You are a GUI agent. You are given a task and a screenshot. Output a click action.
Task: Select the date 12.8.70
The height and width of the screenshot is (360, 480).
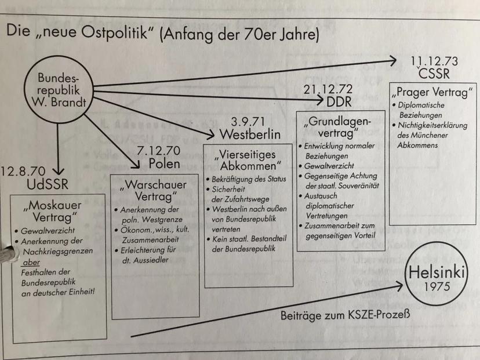[23, 172]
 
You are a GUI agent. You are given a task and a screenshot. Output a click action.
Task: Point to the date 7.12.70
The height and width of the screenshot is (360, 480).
[158, 151]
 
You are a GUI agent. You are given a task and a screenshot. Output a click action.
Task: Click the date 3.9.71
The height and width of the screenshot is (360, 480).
[248, 122]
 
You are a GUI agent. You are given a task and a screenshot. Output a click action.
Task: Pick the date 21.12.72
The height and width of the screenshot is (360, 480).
[328, 90]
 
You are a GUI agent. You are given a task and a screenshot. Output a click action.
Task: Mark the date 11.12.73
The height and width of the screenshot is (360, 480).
[434, 61]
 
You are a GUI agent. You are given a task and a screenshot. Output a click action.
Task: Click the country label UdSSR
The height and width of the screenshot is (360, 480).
[48, 184]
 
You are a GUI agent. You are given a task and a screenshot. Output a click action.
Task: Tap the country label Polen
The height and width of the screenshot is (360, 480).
[165, 164]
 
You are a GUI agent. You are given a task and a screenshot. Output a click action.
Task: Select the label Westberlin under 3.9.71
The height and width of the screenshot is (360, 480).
[250, 134]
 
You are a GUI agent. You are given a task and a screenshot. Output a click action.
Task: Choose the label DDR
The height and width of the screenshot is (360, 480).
[339, 102]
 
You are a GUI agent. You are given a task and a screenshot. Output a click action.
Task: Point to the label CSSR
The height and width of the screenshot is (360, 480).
[434, 74]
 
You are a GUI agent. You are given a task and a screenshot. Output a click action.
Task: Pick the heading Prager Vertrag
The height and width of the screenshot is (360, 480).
[432, 92]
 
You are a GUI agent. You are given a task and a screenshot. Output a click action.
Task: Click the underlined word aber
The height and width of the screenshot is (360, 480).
[31, 263]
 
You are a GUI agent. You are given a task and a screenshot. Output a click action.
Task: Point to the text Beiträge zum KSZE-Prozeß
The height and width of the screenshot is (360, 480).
[345, 315]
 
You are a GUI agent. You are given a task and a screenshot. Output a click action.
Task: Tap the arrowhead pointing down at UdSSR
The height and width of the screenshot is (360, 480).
[58, 170]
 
